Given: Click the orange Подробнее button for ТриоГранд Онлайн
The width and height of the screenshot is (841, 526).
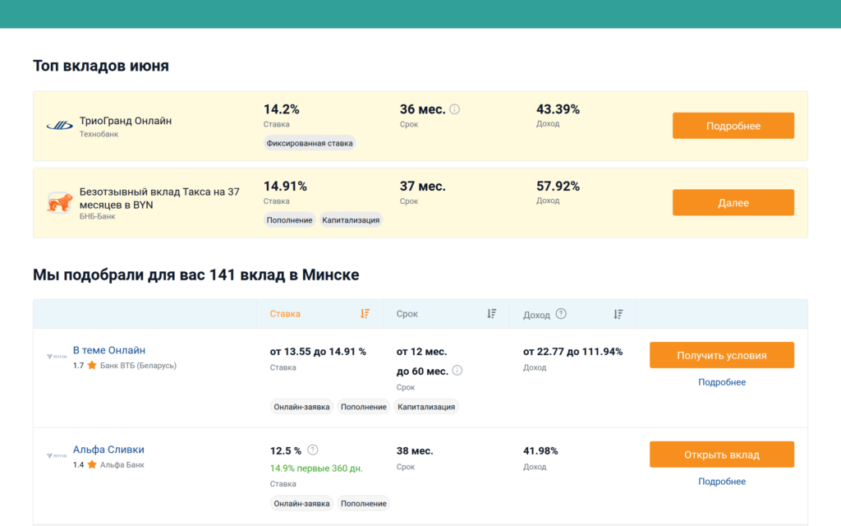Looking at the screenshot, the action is pos(733,126).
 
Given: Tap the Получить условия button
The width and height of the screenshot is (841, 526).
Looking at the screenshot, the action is pos(721,355).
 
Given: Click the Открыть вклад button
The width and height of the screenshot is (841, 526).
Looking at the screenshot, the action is pos(721,454).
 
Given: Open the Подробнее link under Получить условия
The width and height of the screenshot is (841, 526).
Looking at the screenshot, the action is pos(721,382).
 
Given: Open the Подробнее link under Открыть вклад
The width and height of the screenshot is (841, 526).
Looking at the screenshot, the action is pos(721,482).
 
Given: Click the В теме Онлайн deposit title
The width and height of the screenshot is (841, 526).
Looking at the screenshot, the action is pos(109,350).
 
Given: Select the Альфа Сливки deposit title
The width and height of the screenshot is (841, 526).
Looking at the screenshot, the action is pos(108,450).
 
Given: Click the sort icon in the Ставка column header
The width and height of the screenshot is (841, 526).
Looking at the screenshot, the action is pos(365,314).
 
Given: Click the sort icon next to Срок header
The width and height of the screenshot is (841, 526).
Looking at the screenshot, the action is pos(492,314).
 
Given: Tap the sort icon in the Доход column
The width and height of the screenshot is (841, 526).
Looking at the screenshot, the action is pos(618,314).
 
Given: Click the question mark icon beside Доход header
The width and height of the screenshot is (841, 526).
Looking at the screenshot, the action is pos(561,314).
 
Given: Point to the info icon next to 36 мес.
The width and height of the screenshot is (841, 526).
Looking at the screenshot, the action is pos(455,109).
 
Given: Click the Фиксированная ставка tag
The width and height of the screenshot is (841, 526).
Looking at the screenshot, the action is pos(310,143).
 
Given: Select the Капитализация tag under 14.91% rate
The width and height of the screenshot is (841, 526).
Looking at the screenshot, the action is pos(351,220).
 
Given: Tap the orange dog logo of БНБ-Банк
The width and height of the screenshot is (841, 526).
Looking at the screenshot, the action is pos(59,203).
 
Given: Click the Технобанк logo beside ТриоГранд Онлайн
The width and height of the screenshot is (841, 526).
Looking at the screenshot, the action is pos(59,126).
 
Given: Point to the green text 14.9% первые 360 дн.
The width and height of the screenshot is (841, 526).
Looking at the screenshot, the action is pos(316,468).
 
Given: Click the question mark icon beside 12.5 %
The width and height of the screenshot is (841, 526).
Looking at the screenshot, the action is pos(313,450).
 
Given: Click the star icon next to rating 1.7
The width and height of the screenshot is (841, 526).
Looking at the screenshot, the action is pos(92,365).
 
